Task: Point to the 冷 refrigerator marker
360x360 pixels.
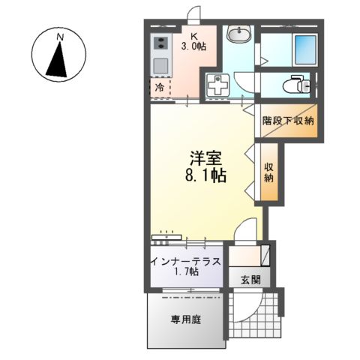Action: pos(160,87)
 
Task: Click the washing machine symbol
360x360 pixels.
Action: pos(218,84)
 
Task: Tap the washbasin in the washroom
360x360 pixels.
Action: pos(239,34)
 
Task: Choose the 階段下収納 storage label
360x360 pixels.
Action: pos(287,121)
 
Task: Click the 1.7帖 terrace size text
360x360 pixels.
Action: pos(184,271)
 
